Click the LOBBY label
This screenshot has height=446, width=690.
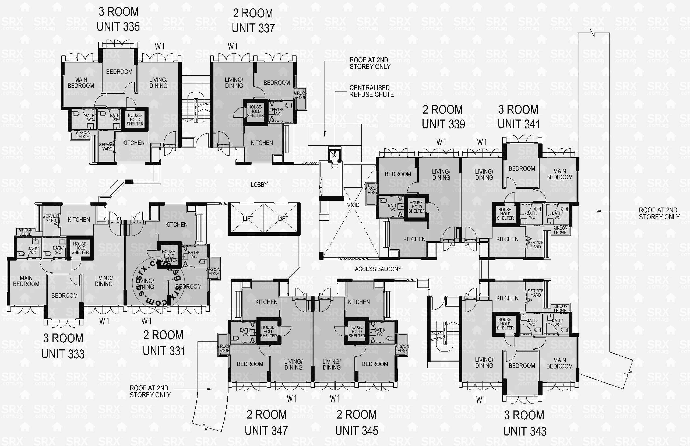pos(259,184)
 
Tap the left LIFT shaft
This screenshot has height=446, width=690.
pos(247,219)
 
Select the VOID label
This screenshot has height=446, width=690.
pos(353,205)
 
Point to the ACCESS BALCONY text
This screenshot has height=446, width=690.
pos(378,269)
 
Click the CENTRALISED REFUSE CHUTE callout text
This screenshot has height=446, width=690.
pos(371,91)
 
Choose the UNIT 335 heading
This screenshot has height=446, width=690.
pos(118,27)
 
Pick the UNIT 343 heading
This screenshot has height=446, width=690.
pos(525,431)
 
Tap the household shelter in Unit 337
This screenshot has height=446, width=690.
pos(255,111)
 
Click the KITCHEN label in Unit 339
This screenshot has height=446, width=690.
pos(414,239)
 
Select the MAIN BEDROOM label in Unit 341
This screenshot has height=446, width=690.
pos(559,174)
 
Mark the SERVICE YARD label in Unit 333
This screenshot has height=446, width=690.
pos(51,218)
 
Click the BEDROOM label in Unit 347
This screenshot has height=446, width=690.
pos(250,364)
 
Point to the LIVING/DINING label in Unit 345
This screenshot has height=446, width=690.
pos(332,364)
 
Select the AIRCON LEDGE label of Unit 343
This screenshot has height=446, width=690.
pos(560,308)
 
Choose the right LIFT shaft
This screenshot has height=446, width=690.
pos(282,219)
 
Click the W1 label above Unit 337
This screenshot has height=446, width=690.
pos(233,46)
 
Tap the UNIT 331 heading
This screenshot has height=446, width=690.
pos(164,351)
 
